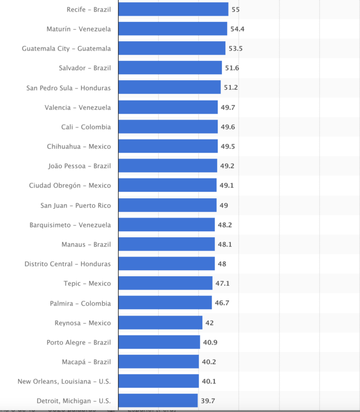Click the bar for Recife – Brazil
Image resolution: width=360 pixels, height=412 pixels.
[173, 9]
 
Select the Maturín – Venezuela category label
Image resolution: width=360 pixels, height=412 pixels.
[79, 29]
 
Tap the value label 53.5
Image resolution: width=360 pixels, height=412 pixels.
[235, 48]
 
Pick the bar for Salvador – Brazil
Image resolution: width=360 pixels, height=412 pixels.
[170, 68]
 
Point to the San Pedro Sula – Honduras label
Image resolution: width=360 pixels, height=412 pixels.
[69, 88]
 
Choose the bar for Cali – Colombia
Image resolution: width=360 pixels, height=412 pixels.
[168, 127]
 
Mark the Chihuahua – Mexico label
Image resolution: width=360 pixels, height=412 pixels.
[79, 147]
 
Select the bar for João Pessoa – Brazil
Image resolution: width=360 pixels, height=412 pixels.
[168, 166]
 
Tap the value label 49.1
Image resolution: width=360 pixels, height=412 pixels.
[226, 186]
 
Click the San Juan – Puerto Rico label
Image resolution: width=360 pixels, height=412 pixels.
[76, 205]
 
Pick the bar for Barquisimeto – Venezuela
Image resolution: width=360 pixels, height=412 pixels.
[167, 225]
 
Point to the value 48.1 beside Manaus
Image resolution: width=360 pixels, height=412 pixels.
[225, 244]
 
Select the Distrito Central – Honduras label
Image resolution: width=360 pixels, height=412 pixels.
[68, 264]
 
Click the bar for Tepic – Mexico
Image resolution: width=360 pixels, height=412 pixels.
[165, 283]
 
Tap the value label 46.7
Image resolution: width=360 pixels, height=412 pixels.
[222, 303]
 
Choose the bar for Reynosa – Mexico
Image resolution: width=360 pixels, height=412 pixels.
[160, 323]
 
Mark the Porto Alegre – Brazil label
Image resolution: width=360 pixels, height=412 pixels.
[79, 343]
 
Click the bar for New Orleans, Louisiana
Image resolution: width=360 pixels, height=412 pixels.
[158, 381]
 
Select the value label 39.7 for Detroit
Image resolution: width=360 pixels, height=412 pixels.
[208, 401]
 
